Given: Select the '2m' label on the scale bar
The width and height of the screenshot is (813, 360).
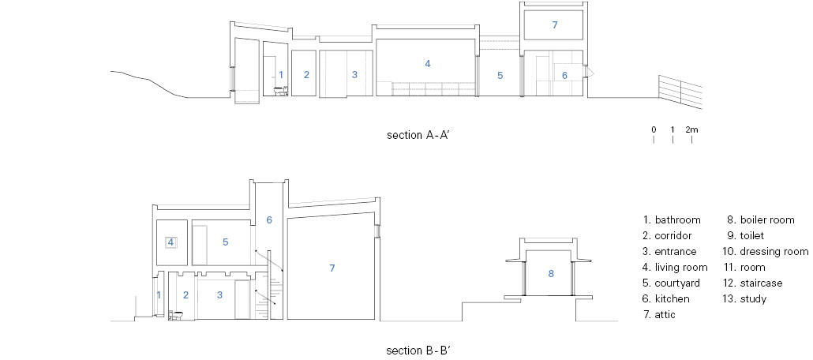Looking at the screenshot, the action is click(x=691, y=129).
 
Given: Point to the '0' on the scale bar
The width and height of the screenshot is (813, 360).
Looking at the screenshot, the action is click(x=654, y=129).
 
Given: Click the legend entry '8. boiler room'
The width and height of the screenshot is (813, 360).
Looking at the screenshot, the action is click(x=761, y=220).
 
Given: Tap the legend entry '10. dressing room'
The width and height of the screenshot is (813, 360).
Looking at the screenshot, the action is click(x=766, y=252).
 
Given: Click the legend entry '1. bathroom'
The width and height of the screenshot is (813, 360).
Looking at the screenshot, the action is click(x=672, y=220).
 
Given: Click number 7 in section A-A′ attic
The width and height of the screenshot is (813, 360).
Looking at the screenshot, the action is click(x=555, y=25).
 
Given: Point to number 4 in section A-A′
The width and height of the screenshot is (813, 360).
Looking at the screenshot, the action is click(x=428, y=64).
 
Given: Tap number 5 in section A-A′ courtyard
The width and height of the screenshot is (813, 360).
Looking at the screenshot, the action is click(x=500, y=76).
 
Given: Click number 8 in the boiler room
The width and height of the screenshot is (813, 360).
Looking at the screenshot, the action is click(x=551, y=273).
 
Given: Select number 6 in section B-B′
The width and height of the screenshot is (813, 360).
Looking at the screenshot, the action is click(x=269, y=220).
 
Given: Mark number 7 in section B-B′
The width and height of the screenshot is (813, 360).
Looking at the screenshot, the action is click(x=332, y=268).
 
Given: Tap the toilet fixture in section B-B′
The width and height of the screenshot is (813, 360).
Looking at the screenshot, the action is click(x=176, y=315).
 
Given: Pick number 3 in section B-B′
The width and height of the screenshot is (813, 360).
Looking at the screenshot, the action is click(x=219, y=295).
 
